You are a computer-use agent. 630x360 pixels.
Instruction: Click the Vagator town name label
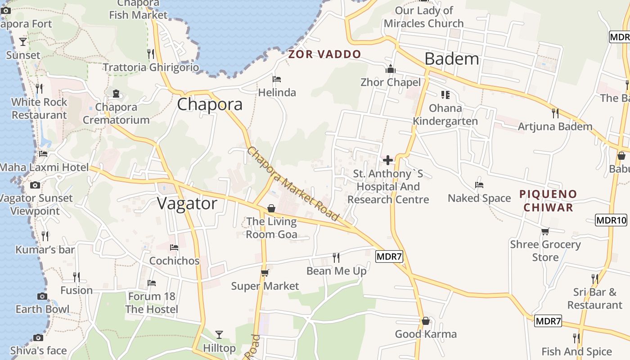pos(187,203)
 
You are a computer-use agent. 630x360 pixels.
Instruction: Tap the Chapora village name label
pos(210,104)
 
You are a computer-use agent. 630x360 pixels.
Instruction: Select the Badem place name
pos(452,58)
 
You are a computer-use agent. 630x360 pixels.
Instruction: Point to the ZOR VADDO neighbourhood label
pos(324,54)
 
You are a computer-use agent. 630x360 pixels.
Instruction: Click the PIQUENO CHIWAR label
pos(548,201)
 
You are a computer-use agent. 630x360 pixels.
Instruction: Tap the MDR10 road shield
pos(611,220)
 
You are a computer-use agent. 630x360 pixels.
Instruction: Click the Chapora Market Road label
pos(292,184)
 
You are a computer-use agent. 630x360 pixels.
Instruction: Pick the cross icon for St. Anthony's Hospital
pos(387,160)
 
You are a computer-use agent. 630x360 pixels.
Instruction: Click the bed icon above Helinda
pos(277,80)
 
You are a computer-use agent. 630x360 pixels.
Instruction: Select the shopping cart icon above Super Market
pos(265,273)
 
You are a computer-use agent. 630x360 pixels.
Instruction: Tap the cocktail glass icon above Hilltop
pos(219,334)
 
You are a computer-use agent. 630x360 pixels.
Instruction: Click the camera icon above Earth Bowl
pos(42,296)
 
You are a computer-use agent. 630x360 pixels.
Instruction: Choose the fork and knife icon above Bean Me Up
pos(336,257)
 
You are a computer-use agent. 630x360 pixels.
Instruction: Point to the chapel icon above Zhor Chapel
pos(390,69)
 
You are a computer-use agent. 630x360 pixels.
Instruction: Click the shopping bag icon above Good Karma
pos(426,321)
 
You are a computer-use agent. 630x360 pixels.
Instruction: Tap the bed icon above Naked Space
pos(479,185)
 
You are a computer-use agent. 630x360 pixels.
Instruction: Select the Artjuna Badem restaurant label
pos(555,126)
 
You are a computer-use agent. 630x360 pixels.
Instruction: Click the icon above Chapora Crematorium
pos(116,94)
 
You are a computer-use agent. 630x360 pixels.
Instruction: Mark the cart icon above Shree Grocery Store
pos(545,231)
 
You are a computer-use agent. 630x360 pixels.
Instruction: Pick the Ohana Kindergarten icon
pos(445,94)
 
